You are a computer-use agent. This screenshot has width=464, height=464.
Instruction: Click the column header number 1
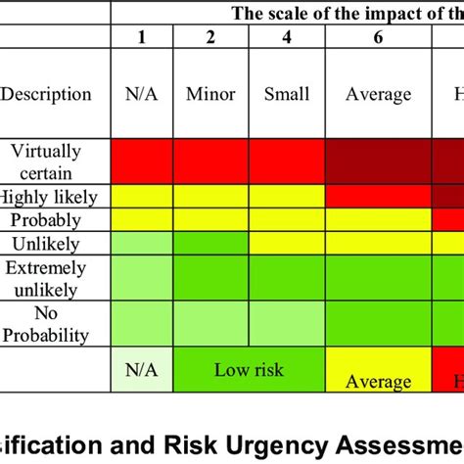click(x=142, y=37)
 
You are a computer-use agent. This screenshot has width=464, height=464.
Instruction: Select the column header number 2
click(x=210, y=37)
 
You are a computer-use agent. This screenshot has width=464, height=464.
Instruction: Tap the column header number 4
click(x=286, y=37)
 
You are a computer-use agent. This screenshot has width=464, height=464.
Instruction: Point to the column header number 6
click(x=378, y=37)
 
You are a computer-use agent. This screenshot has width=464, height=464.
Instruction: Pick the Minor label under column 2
click(x=210, y=95)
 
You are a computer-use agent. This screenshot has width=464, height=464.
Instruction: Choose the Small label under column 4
click(x=286, y=95)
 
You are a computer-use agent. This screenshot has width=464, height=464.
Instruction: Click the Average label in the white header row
click(x=378, y=95)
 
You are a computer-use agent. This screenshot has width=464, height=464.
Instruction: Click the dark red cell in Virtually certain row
click(x=378, y=162)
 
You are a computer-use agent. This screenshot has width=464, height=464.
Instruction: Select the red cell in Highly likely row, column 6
click(x=378, y=196)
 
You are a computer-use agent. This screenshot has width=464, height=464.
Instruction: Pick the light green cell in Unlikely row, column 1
click(x=142, y=242)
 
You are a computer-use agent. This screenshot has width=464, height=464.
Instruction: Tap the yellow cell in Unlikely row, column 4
click(x=286, y=242)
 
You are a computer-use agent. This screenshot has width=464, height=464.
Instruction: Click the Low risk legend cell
click(x=248, y=369)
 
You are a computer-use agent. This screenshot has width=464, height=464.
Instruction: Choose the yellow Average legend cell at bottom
click(x=378, y=376)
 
